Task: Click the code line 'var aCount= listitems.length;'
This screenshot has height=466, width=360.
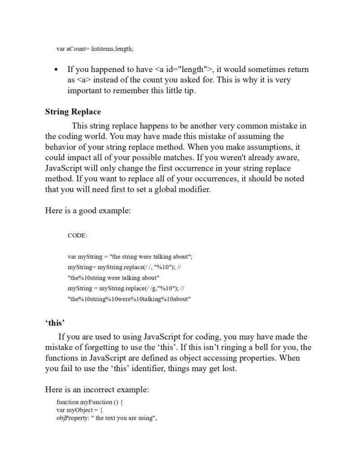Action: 95,49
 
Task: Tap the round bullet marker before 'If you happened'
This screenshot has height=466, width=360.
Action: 56,70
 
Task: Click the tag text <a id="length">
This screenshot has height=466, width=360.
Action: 184,70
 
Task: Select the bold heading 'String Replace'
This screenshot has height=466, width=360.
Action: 73,112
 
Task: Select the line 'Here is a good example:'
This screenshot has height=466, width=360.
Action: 88,211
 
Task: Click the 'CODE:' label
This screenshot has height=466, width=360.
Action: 77,235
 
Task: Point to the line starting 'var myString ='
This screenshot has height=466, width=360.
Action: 130,257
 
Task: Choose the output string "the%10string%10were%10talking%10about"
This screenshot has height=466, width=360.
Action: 129,299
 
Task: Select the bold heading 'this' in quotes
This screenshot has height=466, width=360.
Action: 55,323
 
